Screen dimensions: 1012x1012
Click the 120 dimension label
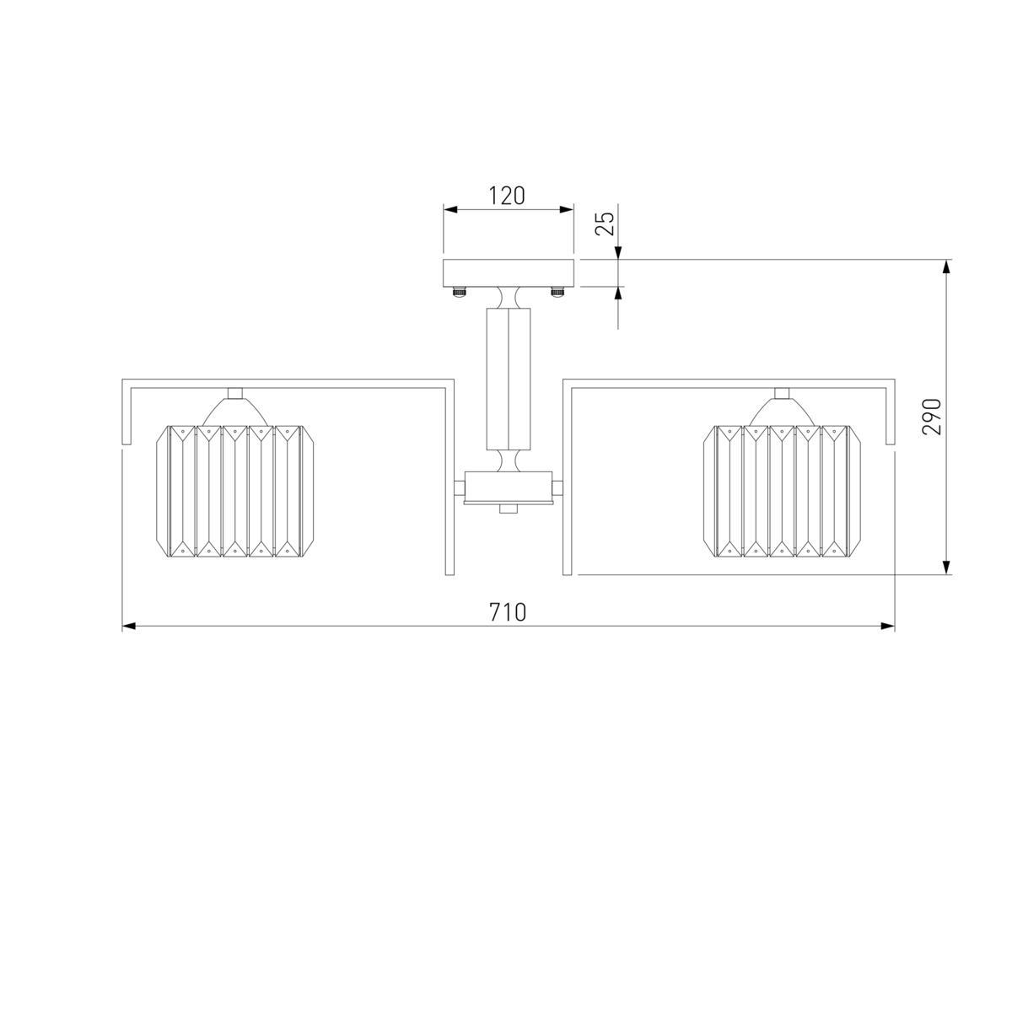click(x=507, y=196)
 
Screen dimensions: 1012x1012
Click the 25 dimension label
click(x=606, y=223)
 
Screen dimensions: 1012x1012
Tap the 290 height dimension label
click(x=932, y=417)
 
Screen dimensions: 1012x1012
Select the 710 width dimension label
click(x=508, y=612)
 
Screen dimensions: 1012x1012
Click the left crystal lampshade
click(x=235, y=491)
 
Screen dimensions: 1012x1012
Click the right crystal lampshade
click(x=782, y=491)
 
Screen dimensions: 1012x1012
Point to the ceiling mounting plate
click(x=509, y=273)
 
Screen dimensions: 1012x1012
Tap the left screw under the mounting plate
click(x=460, y=291)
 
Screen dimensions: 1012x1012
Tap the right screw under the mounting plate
click(x=557, y=291)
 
